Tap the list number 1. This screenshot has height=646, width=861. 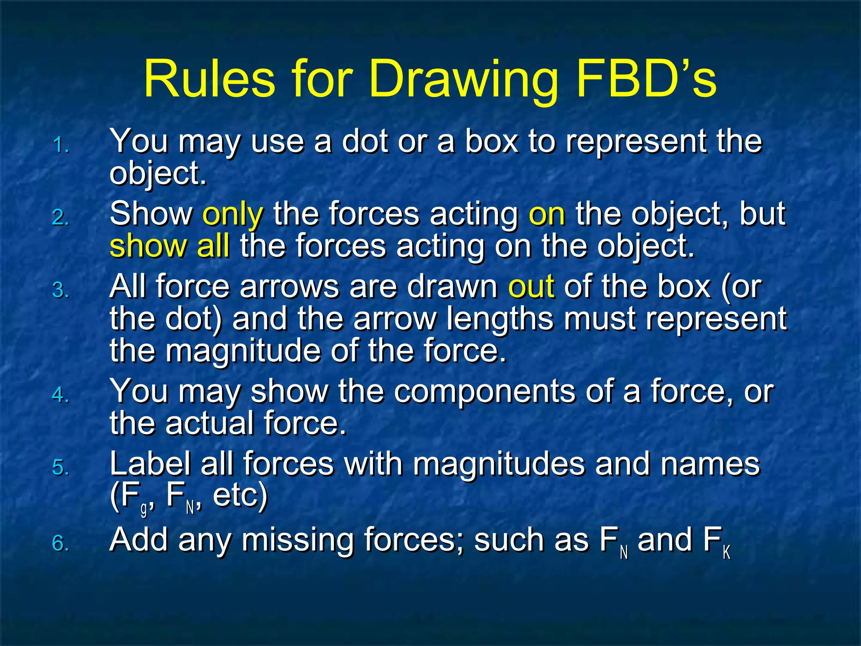[x=61, y=146]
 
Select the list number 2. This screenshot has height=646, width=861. [x=61, y=218]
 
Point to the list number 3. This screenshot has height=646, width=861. [x=61, y=291]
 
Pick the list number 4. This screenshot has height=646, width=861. [x=61, y=395]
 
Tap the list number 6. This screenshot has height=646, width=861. [x=61, y=543]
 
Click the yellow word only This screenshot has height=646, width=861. [x=233, y=214]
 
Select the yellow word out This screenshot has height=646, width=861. [x=531, y=287]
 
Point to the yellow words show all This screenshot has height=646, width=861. [x=169, y=246]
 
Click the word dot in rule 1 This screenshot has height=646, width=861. [x=365, y=141]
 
